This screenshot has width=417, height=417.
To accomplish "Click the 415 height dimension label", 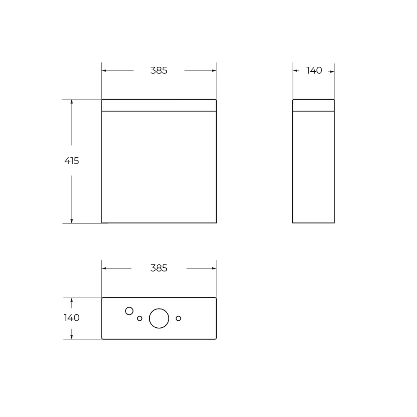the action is click(x=72, y=161).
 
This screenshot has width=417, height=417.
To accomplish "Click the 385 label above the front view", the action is click(x=159, y=70).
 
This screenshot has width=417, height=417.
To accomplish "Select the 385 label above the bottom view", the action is click(x=159, y=268).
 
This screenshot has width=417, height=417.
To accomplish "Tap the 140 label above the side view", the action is click(x=314, y=70).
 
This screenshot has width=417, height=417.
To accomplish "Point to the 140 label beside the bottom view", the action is click(x=72, y=318).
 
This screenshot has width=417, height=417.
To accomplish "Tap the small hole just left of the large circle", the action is click(x=140, y=318).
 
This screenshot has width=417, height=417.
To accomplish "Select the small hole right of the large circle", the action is click(x=178, y=318).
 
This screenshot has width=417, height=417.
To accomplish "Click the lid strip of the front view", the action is click(x=159, y=106).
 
